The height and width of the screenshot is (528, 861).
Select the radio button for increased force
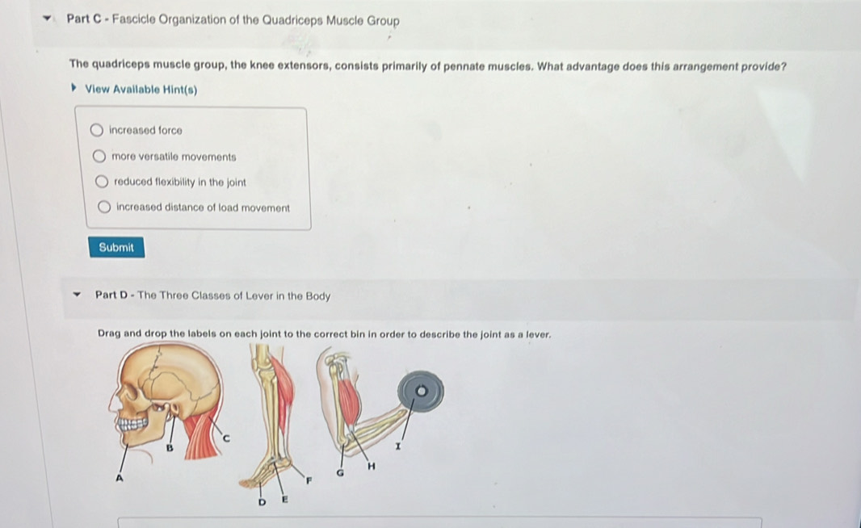(x=97, y=130)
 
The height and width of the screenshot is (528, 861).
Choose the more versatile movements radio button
(x=99, y=157)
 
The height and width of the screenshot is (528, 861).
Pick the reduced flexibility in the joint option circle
(x=102, y=182)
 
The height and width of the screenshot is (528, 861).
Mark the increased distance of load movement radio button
(x=103, y=207)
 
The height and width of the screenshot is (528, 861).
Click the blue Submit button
(x=116, y=248)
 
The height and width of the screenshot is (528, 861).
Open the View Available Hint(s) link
(x=141, y=90)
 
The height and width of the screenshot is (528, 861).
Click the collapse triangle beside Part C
(x=48, y=19)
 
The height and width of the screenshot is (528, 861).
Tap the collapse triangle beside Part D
(x=78, y=295)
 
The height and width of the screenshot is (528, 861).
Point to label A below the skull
(x=119, y=478)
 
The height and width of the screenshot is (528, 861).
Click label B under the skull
(x=170, y=448)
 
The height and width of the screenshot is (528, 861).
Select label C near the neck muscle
(x=225, y=438)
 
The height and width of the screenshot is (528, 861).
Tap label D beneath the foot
(x=262, y=501)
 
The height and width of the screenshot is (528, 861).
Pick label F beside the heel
(x=309, y=480)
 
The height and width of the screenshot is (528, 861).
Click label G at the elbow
(x=340, y=472)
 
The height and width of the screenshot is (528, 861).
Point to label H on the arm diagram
(x=372, y=467)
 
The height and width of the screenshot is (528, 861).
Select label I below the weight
(x=398, y=447)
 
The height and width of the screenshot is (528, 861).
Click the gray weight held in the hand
(x=421, y=392)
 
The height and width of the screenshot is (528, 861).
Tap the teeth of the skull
(x=133, y=425)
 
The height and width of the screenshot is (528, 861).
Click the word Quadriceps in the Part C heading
(x=292, y=20)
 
